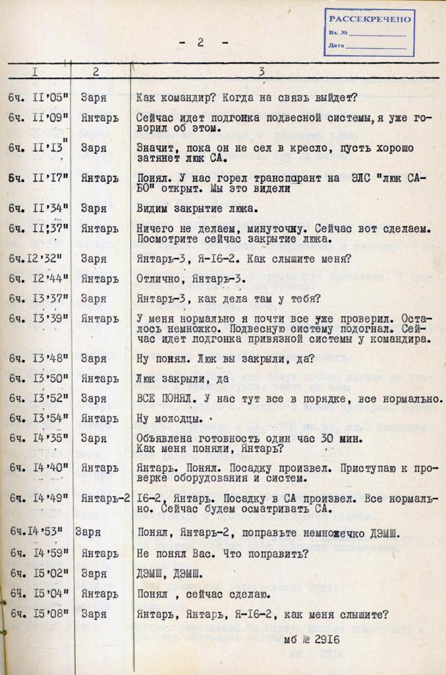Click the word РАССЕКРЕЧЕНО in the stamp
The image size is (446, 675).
(369, 20)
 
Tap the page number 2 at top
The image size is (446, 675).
(200, 42)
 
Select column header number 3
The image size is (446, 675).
(262, 71)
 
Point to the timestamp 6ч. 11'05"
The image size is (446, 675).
(39, 98)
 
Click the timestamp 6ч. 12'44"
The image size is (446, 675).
(39, 279)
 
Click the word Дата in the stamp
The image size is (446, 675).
(335, 46)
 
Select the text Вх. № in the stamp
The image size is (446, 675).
(338, 33)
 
